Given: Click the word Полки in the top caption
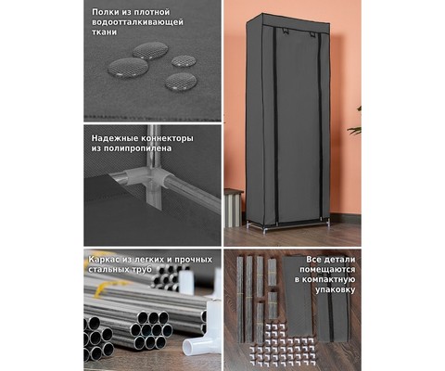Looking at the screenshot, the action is click(104, 12).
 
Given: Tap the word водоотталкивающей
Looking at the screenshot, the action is click(137, 22).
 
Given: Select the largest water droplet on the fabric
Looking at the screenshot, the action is click(128, 67).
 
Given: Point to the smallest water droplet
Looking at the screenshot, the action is click(184, 60).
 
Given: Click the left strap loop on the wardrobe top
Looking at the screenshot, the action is click(285, 31).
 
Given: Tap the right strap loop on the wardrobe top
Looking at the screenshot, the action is click(312, 34).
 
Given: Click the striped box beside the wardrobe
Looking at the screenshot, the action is click(233, 208).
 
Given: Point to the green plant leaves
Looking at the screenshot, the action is click(355, 123).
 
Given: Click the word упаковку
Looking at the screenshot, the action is click(336, 290).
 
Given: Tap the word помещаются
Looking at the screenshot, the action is click(327, 270).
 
